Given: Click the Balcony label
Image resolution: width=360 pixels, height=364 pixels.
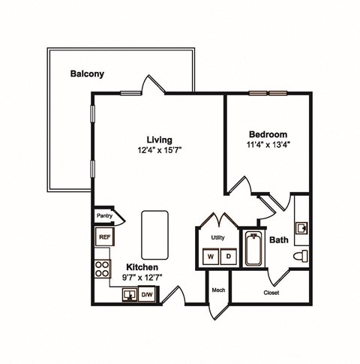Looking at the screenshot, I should click(x=86, y=74).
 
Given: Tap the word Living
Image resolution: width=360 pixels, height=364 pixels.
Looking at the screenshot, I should click(x=159, y=139).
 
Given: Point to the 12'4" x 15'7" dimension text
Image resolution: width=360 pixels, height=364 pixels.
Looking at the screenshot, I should click(x=160, y=149).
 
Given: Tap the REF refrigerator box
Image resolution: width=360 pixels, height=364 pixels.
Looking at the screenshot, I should click(x=103, y=237).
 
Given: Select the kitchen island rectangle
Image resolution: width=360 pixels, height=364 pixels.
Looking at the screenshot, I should click(x=154, y=231).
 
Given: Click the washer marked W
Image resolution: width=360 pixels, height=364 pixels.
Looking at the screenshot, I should click(x=211, y=256).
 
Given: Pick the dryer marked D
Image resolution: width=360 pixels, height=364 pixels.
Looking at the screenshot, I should click(x=227, y=256).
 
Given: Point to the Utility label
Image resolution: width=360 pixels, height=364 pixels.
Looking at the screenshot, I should click(x=218, y=236).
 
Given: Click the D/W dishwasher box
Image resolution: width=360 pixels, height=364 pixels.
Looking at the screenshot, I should click(x=147, y=295).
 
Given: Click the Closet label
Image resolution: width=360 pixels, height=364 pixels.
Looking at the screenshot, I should click(x=271, y=293).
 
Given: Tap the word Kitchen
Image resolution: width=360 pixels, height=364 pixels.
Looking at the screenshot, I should click(x=141, y=266).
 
